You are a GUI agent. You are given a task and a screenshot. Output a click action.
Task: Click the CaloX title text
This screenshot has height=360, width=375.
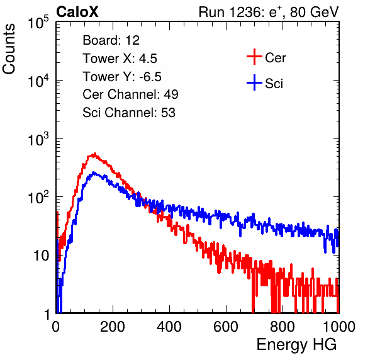pos(77,12)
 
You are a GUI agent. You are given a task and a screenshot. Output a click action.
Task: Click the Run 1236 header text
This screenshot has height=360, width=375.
pos(269,12)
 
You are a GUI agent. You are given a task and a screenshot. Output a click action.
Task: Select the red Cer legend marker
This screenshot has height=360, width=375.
pos(254,57)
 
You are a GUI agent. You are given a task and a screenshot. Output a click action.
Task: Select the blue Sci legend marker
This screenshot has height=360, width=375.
pos(254,82)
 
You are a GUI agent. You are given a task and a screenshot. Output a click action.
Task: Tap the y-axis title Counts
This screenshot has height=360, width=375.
pos(9,49)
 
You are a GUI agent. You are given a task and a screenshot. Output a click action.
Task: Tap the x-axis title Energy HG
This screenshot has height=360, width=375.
pos(296,345)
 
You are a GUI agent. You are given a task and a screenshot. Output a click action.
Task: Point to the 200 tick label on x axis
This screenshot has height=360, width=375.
pos(113,327)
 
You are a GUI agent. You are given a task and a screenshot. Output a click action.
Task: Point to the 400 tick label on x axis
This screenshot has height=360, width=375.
pos(169,327)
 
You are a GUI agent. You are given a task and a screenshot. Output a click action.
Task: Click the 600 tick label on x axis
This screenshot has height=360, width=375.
pos(226,327)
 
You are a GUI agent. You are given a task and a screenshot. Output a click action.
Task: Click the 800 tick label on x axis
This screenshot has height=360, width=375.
pos(283,327)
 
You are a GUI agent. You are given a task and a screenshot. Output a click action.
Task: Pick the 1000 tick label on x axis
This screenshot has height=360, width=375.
pos(339,327)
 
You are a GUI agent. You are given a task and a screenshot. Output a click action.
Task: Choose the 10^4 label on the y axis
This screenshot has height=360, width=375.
pos(38,81)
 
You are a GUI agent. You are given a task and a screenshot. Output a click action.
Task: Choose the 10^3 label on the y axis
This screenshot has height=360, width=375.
pos(38,139)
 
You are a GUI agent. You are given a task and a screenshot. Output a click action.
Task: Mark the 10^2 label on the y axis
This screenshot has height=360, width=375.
pos(38,198)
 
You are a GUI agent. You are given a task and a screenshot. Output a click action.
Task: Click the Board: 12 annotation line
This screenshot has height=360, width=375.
pos(111,40)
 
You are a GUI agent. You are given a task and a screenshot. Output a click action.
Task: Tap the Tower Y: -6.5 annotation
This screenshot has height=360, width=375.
pos(122,77)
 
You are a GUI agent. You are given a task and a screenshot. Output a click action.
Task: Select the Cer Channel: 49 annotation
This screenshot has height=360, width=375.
pos(130,94)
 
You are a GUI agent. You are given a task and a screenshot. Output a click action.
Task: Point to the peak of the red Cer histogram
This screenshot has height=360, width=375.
pos(95,154)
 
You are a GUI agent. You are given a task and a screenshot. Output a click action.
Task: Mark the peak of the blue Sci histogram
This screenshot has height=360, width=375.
pos(94,172)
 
